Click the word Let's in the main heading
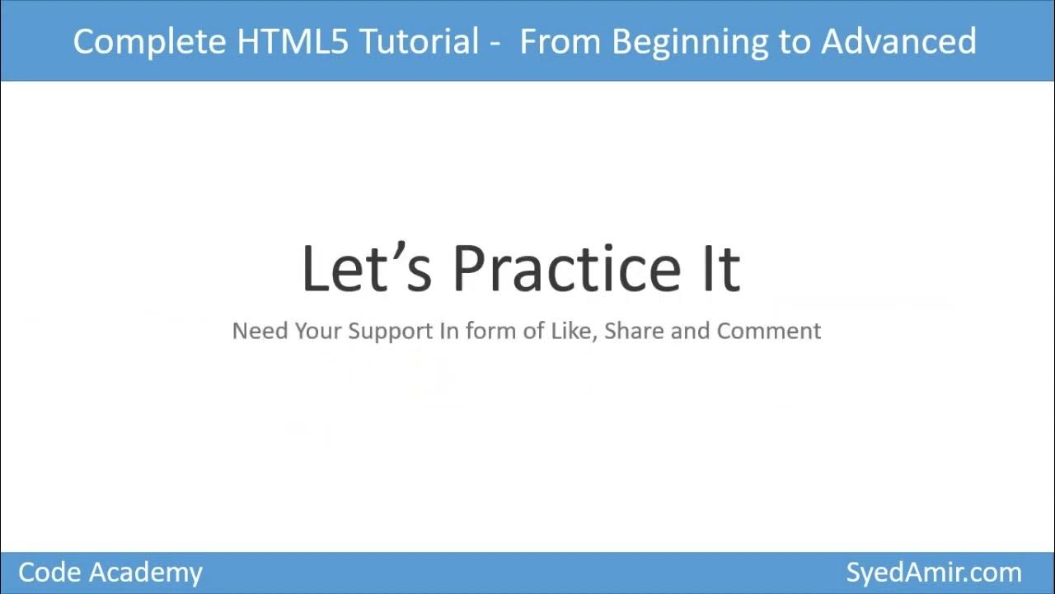pyautogui.click(x=366, y=268)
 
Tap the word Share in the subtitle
pyautogui.click(x=635, y=331)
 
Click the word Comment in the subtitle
pyautogui.click(x=769, y=331)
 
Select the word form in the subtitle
pyautogui.click(x=487, y=331)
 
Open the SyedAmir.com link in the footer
pyautogui.click(x=934, y=573)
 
